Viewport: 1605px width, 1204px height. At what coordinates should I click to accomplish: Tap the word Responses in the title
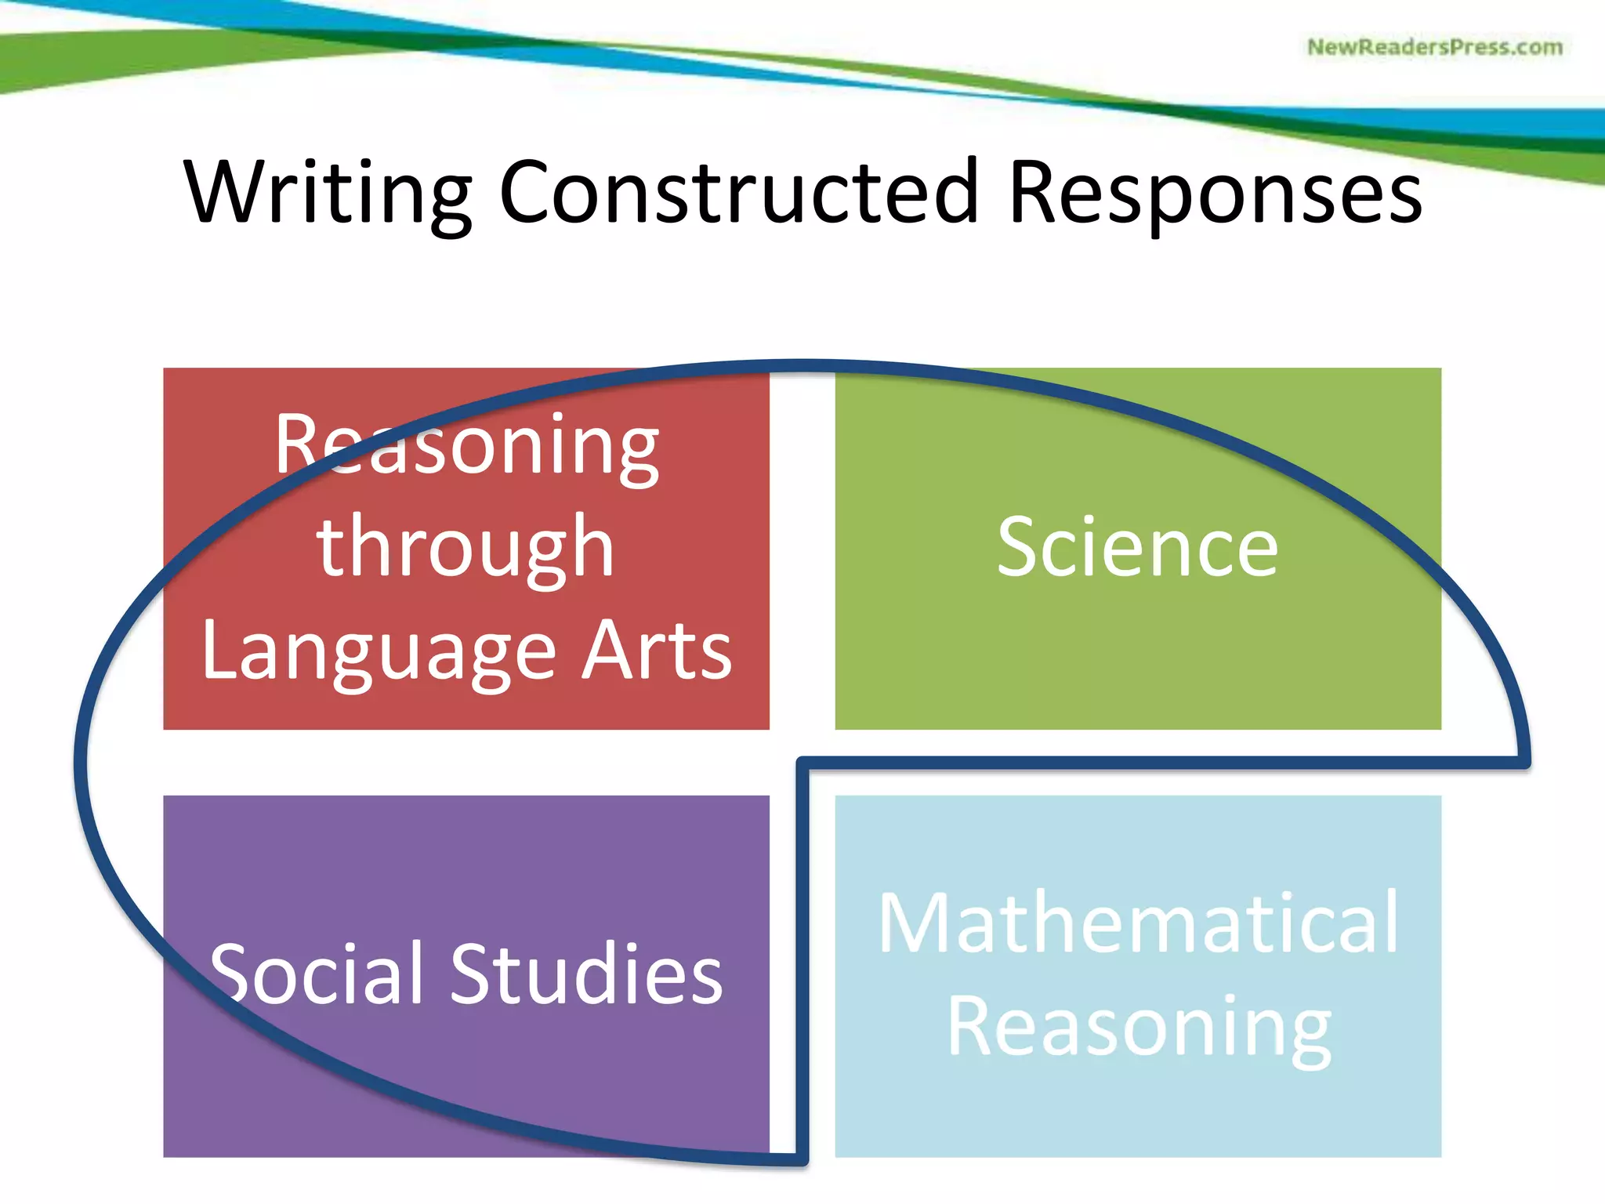tap(1215, 193)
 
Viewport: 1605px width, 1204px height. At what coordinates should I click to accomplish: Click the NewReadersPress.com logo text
tap(1434, 47)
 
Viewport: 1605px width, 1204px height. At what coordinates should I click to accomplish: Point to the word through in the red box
tap(466, 549)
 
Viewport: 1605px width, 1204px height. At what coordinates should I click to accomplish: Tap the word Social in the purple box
tap(317, 974)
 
